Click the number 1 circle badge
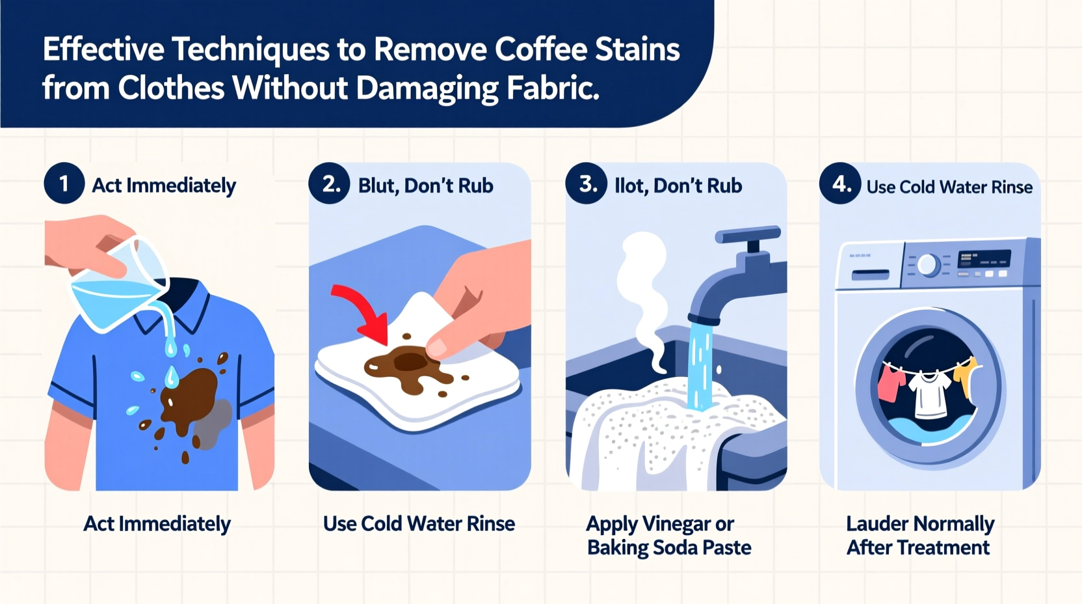coord(64,184)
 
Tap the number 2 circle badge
coord(329,184)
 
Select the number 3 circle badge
coord(586,184)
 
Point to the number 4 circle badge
coord(839,184)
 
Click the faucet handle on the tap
coord(748,234)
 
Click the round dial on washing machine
coord(928,265)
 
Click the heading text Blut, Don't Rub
coord(425,186)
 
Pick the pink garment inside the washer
coord(890,384)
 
